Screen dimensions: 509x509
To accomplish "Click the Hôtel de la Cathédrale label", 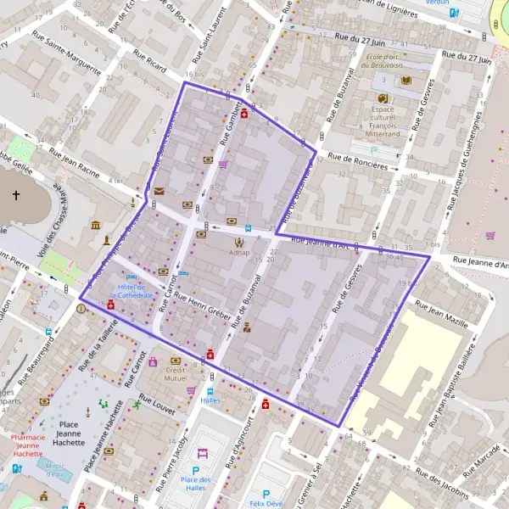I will click(x=131, y=290).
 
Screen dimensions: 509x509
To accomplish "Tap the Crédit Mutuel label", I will click(x=176, y=374).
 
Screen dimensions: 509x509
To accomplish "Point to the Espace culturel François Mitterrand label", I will click(x=383, y=123).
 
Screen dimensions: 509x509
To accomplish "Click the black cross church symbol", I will click(x=16, y=196).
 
